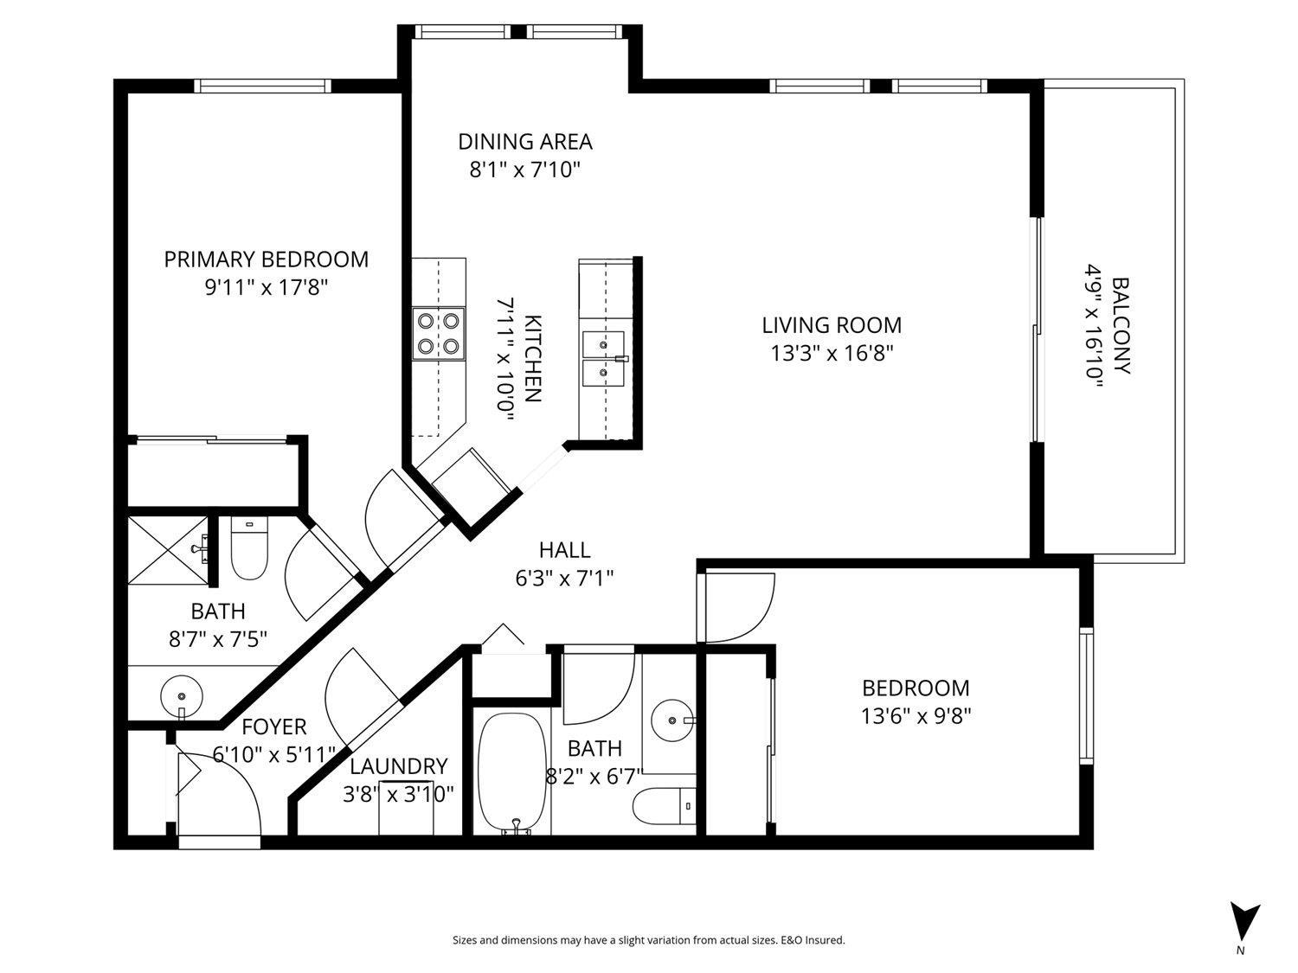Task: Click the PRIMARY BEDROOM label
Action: (x=266, y=259)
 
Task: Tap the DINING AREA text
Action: (x=524, y=141)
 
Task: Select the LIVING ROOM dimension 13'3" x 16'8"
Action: (x=831, y=353)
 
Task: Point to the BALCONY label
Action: (x=1121, y=325)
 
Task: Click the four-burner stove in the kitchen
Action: (x=439, y=334)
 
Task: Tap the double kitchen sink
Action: (x=603, y=359)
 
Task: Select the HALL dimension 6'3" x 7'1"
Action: (x=564, y=578)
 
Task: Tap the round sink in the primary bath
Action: (x=181, y=695)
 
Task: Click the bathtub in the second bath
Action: (x=512, y=772)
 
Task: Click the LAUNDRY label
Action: (x=398, y=766)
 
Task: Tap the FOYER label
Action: (x=273, y=727)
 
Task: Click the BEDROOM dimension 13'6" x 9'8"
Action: (x=916, y=716)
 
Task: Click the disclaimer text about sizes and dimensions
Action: (x=648, y=940)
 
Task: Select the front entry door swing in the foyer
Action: (x=216, y=791)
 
